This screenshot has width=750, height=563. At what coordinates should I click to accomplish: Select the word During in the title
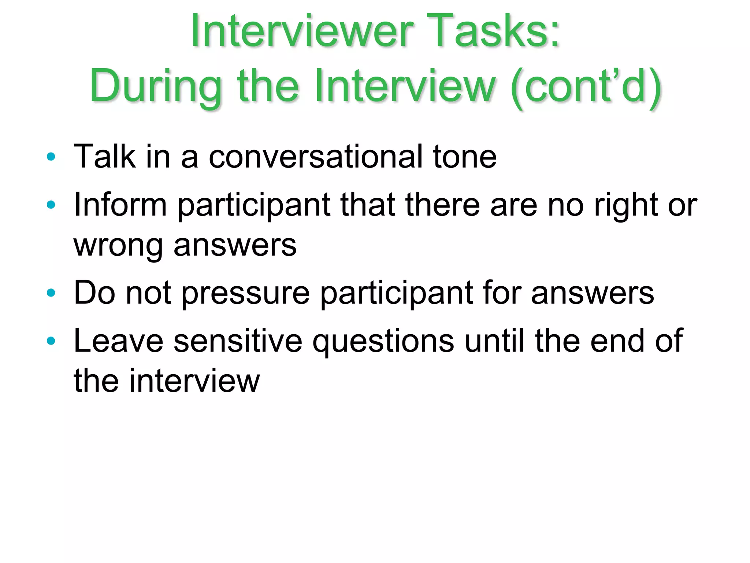[x=156, y=87]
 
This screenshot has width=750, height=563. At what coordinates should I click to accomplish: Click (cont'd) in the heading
[x=586, y=87]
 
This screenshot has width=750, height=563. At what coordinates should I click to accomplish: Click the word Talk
[x=104, y=157]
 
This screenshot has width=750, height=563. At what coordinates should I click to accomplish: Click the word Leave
[x=119, y=341]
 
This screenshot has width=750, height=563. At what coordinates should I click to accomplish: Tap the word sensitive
[x=238, y=341]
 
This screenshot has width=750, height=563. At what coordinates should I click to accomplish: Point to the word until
[x=494, y=341]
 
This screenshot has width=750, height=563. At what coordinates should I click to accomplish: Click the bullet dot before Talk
[x=51, y=157]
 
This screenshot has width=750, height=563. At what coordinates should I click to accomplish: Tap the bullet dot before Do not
[x=51, y=293]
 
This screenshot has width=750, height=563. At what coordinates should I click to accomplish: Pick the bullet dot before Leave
[x=51, y=341]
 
